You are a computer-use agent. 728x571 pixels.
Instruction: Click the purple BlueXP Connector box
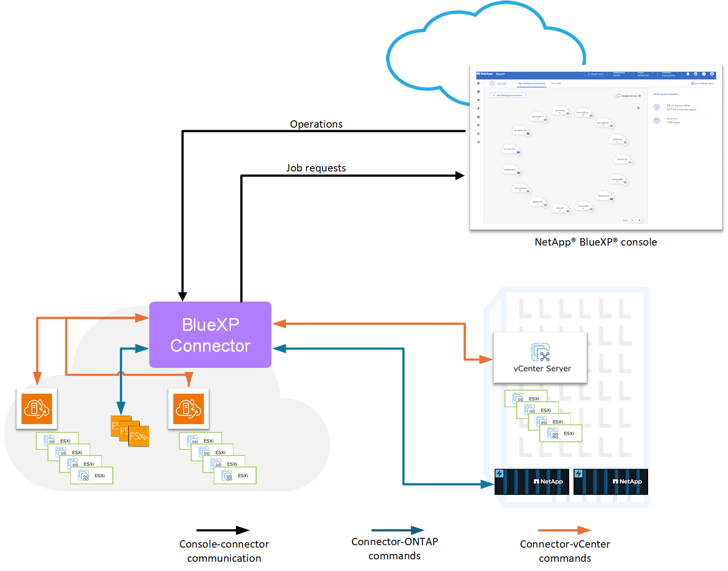click(x=210, y=335)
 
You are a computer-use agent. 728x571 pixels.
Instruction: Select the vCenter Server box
click(x=540, y=358)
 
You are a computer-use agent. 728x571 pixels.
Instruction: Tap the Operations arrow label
click(x=316, y=124)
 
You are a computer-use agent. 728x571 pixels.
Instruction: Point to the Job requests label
click(x=316, y=168)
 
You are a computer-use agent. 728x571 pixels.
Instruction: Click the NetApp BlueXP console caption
click(x=595, y=242)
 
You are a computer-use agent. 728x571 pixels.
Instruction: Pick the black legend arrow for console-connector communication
click(x=223, y=530)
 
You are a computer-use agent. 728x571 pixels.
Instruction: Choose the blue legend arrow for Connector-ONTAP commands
click(x=398, y=530)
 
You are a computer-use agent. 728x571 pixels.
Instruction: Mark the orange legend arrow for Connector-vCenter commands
click(x=564, y=530)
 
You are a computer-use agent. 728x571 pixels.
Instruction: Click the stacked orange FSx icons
click(x=130, y=431)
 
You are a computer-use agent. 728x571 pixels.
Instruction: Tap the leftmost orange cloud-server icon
click(x=37, y=409)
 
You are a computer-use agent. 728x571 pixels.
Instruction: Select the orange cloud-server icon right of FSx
click(x=189, y=409)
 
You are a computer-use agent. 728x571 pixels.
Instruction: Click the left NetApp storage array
click(x=532, y=482)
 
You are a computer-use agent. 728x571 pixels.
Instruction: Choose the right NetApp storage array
click(x=611, y=482)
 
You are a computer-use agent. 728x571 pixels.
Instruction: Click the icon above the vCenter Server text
click(x=540, y=352)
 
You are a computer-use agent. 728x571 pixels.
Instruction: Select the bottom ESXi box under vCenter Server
click(x=561, y=433)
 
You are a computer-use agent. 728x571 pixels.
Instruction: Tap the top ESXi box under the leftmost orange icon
click(x=57, y=440)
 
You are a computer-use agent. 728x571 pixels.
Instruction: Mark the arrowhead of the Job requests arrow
click(x=460, y=175)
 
